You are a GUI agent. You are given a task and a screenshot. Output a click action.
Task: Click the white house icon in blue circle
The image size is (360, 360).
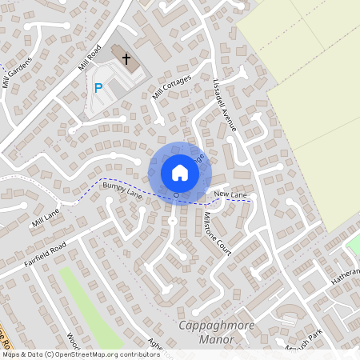pos(179,172)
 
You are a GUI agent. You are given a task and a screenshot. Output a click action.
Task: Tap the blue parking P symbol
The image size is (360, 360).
pos(98,88)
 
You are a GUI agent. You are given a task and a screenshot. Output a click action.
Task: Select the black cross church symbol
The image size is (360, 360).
pos(125,58)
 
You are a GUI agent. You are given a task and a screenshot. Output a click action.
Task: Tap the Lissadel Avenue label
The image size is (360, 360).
pos(225,104)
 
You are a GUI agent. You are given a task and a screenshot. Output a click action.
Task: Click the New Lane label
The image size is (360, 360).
pos(230,195)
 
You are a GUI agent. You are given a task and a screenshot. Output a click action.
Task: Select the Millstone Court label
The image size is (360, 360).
pos(217,233)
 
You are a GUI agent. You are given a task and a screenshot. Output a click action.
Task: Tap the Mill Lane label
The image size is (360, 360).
pos(46,218)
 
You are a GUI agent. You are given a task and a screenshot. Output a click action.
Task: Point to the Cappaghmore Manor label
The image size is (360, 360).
pos(206,332)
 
